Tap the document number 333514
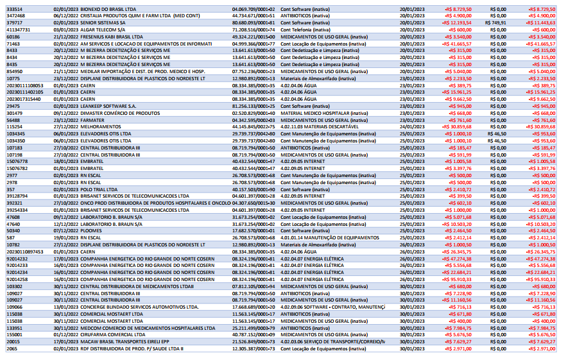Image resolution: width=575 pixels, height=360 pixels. point(14,8)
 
